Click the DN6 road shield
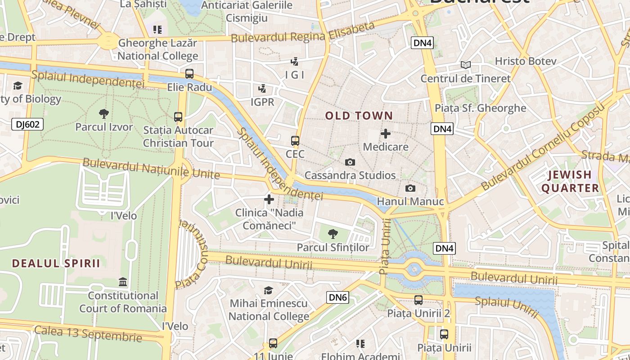point(337,297)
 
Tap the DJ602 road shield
point(27,124)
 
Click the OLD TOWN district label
point(359,116)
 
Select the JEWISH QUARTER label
point(570,181)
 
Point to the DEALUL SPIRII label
point(56,263)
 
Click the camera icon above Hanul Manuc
point(410,188)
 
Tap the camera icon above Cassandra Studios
point(350,162)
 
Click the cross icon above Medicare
point(386,134)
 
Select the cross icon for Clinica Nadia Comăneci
point(269,199)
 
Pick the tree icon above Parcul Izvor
point(104,113)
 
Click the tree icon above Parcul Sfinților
point(333,234)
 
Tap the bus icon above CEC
point(295,141)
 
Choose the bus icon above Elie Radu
point(189,74)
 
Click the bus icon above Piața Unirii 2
point(418,300)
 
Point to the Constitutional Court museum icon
point(123,282)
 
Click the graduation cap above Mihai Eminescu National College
point(269,290)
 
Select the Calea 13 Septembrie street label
point(88,333)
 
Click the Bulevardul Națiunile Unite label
point(151,168)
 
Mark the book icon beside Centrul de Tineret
point(466,65)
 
